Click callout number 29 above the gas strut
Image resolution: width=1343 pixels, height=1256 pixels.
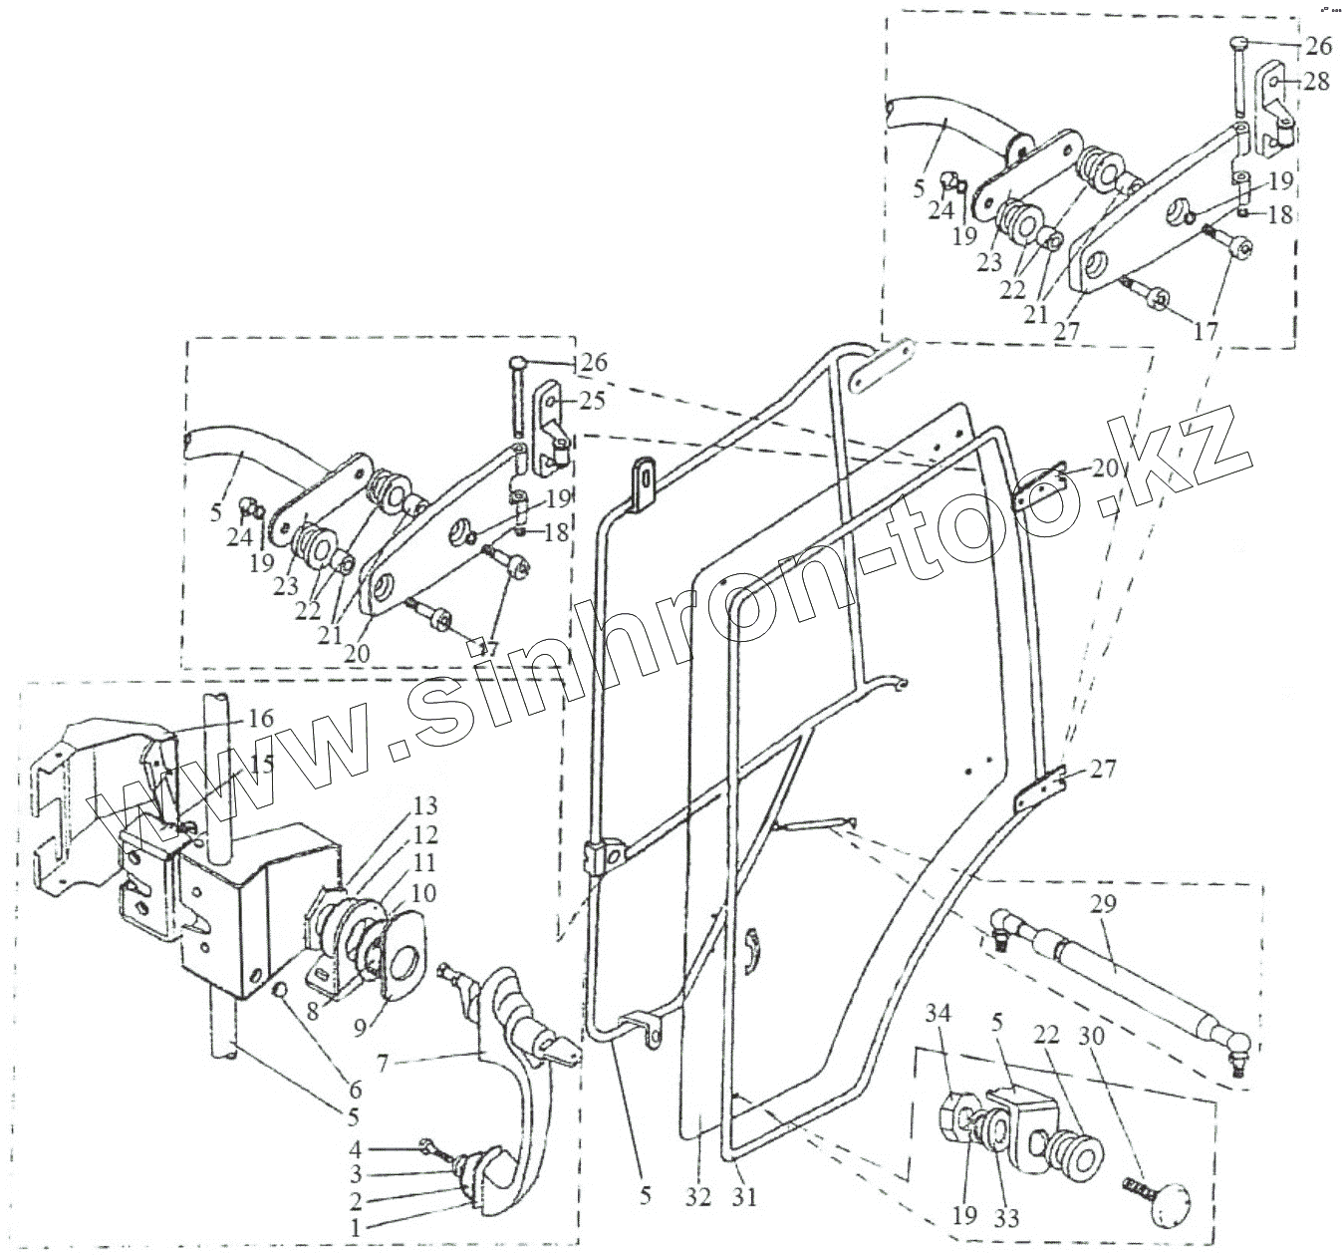click(x=1104, y=903)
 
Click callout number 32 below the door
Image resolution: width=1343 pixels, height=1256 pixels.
click(x=699, y=1196)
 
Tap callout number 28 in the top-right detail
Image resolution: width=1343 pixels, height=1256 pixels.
click(x=1316, y=82)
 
